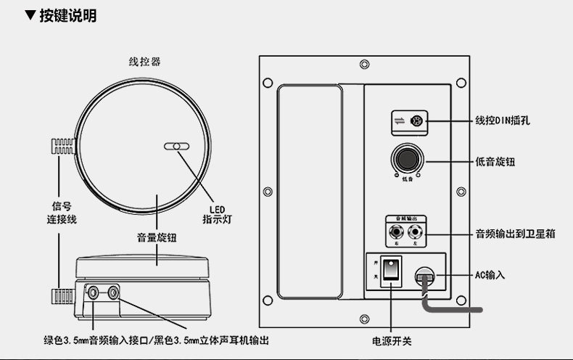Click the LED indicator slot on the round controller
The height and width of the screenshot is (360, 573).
tap(177, 146)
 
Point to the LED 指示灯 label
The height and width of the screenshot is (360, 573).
tap(216, 211)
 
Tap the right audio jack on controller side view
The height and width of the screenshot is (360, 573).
tap(113, 293)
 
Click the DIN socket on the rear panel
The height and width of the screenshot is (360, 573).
tap(417, 121)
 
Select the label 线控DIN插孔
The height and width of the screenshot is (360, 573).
tap(503, 120)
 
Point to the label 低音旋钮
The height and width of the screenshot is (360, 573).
tap(495, 162)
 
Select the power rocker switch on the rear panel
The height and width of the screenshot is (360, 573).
tap(392, 269)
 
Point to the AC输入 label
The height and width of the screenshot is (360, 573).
tap(490, 275)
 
